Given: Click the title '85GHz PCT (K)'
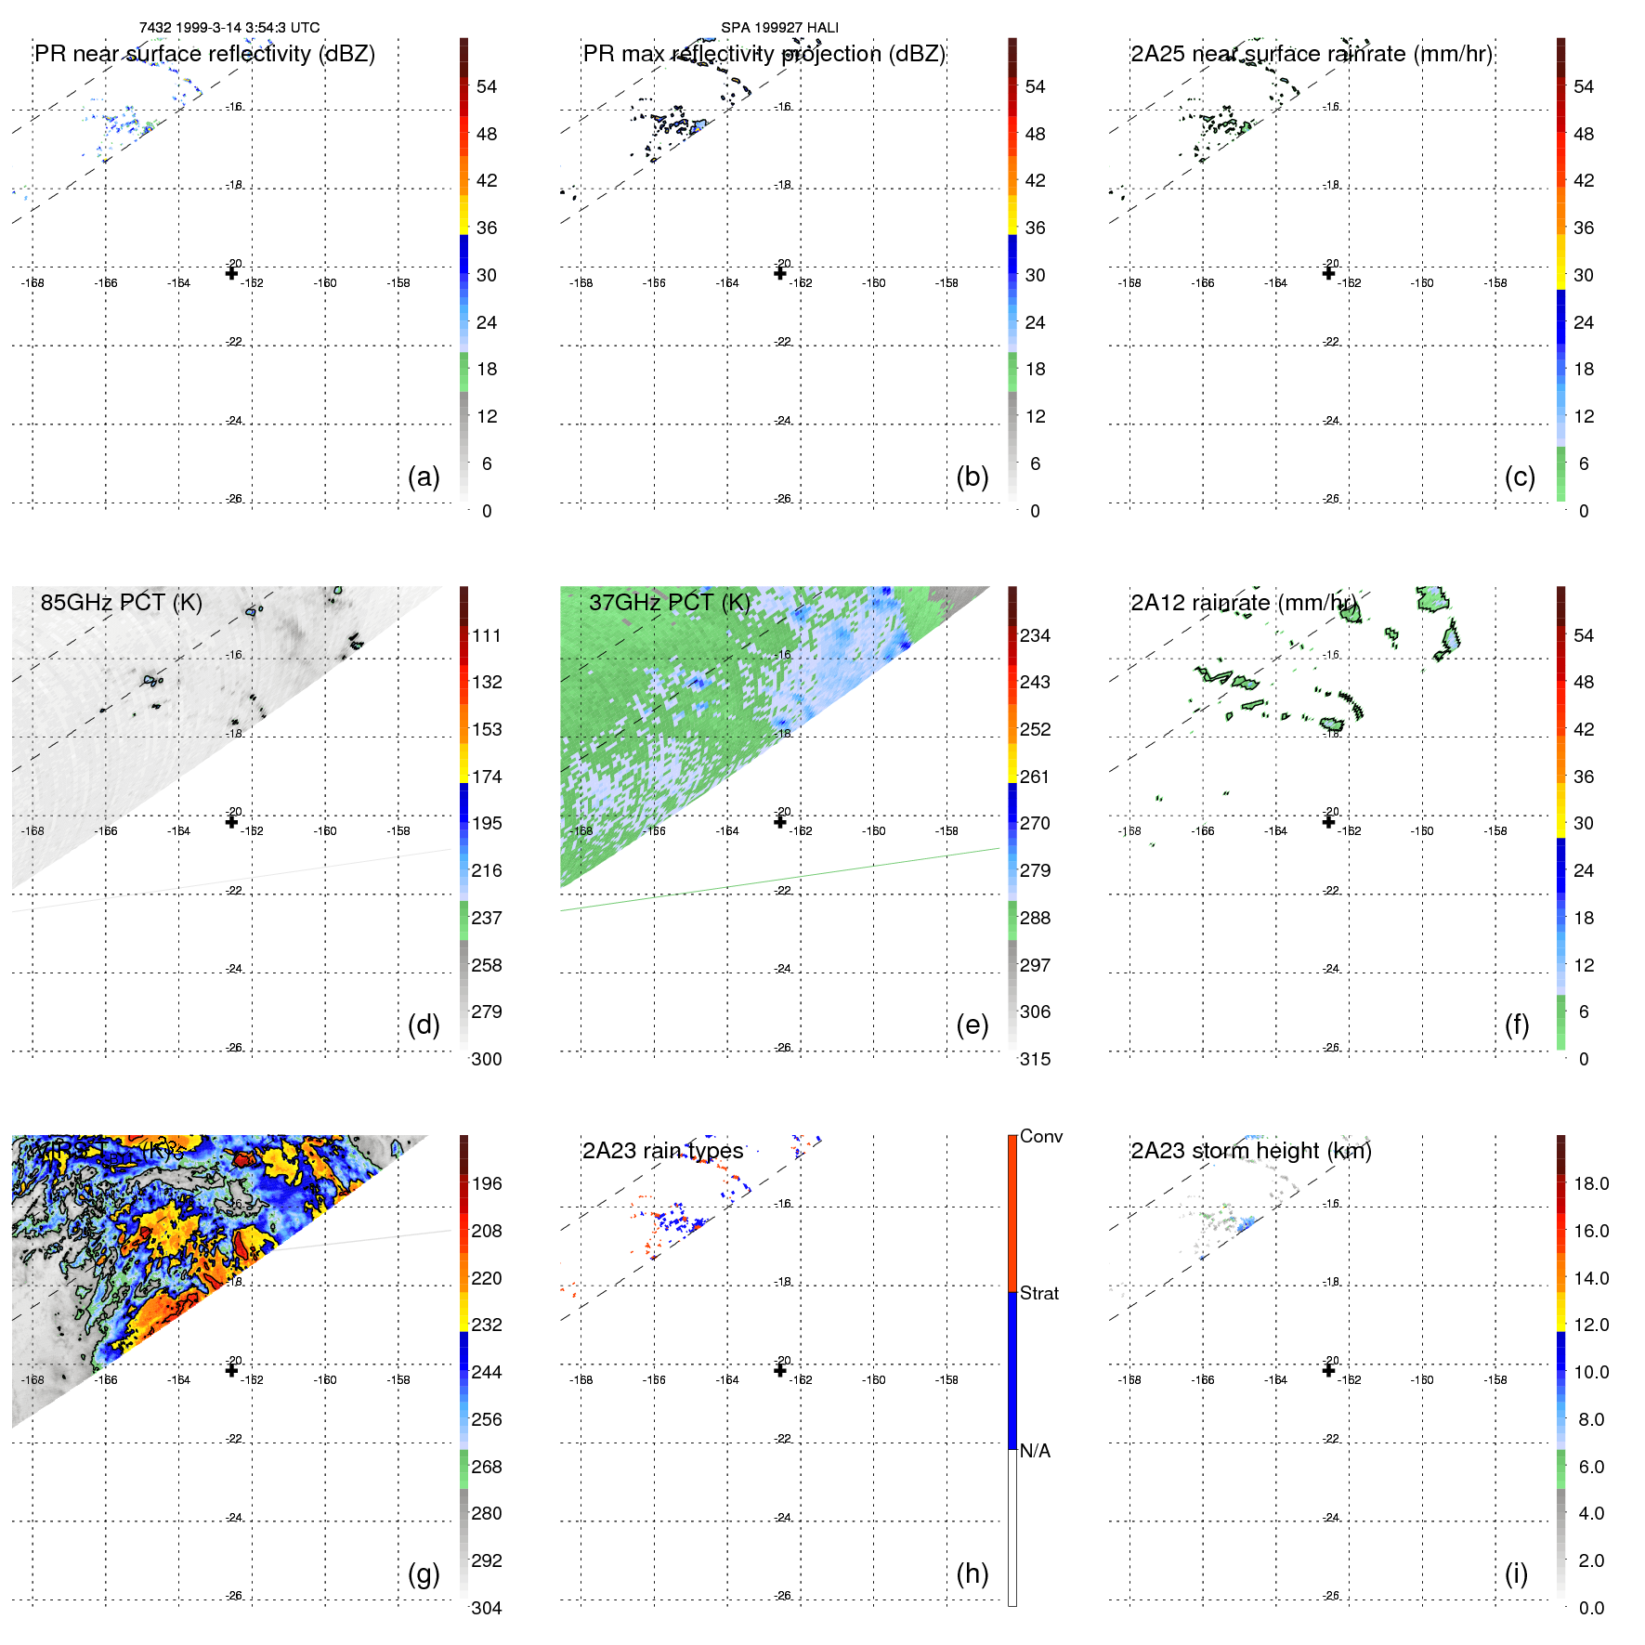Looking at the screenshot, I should (x=121, y=603).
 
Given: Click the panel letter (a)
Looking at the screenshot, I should (x=424, y=477).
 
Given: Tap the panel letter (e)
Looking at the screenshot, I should (x=973, y=1025).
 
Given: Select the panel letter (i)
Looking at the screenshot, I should (x=1516, y=1574).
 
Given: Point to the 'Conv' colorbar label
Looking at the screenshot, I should (x=1041, y=1137).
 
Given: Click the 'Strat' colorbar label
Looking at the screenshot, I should (x=1039, y=1294).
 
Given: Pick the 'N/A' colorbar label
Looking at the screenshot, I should (x=1035, y=1452).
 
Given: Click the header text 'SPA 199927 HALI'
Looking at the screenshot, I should (x=779, y=28).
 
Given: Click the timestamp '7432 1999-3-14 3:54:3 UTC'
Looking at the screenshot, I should (x=229, y=28).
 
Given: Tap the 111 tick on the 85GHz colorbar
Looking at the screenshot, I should (x=487, y=636).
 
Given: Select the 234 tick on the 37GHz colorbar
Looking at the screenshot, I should (x=1035, y=636).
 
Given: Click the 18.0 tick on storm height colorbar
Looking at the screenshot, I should (x=1591, y=1184).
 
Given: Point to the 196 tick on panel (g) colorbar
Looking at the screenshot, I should (x=487, y=1184).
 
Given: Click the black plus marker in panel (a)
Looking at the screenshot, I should (x=231, y=273).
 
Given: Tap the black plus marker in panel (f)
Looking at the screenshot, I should (x=1328, y=821).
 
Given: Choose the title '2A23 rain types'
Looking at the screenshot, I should (x=662, y=1152).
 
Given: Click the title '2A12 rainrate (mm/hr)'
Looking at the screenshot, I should (x=1244, y=603).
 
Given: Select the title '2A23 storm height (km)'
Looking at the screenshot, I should (x=1250, y=1152).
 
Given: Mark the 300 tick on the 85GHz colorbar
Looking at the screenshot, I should (x=487, y=1060).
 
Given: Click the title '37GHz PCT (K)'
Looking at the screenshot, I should (x=669, y=603).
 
